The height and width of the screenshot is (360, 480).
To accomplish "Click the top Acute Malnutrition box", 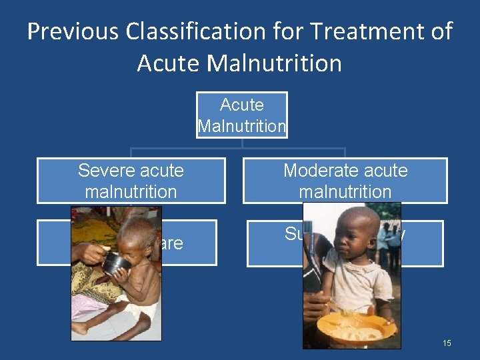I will click(x=242, y=115).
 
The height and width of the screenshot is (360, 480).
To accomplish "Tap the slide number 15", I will click(x=447, y=343).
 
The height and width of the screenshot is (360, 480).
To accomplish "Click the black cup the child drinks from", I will click(x=115, y=262).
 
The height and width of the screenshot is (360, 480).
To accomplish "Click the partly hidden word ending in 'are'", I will click(x=171, y=244).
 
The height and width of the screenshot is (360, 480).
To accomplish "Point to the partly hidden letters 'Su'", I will click(x=294, y=234).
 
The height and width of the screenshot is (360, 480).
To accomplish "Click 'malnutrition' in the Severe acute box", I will click(x=131, y=192).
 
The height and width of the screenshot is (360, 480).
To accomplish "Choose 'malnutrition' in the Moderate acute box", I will click(x=345, y=192).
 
